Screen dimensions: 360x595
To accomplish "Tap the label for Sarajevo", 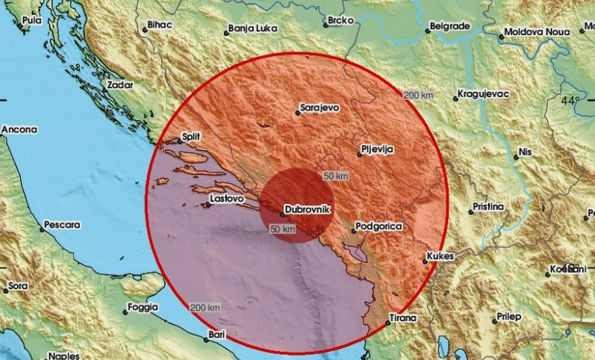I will pos(319,108).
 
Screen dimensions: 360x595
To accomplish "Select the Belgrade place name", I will pos(451,26).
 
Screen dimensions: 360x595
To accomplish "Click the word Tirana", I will pos(403,319).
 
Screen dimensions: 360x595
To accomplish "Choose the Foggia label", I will pos(143,307).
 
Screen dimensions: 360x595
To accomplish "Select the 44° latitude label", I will pos(571,101).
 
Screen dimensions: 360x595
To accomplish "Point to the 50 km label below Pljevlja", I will pos(335,176).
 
